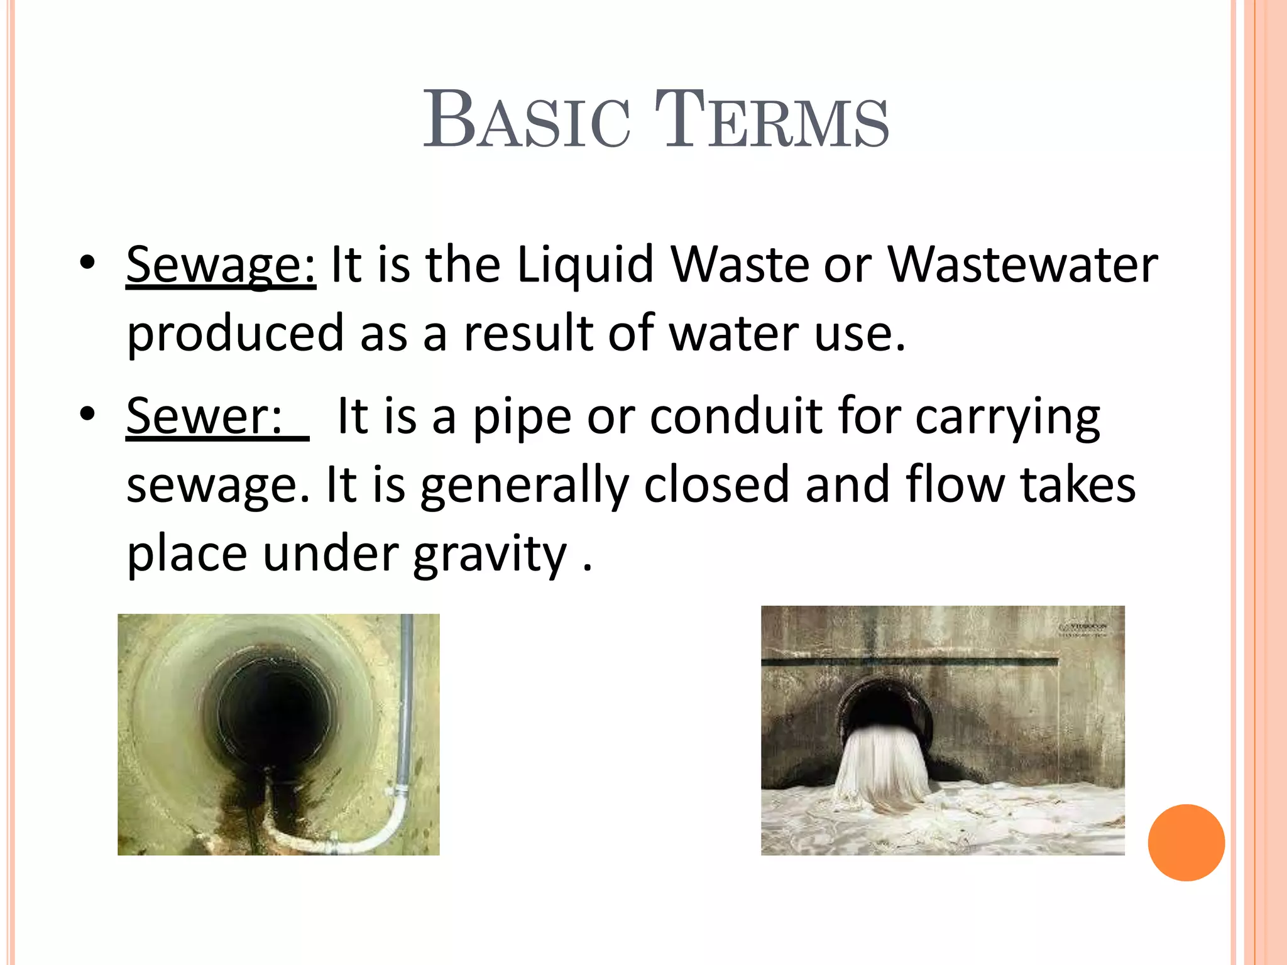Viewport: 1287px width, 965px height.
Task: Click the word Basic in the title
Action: pos(527,119)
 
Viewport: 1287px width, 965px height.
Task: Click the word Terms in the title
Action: pos(772,119)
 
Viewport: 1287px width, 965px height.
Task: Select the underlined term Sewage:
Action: pos(221,265)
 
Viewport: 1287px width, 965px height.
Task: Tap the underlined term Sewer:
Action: pos(205,416)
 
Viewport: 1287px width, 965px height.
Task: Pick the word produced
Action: pos(235,333)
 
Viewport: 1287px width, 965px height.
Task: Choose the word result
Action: pos(527,333)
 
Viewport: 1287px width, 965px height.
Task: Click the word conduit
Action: pos(735,416)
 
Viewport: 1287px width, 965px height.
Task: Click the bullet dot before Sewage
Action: pos(87,263)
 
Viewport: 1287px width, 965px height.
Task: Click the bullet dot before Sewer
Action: pos(87,413)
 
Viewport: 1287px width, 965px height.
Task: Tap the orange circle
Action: pos(1186,842)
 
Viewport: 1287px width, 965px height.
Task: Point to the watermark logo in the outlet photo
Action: pos(1084,629)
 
